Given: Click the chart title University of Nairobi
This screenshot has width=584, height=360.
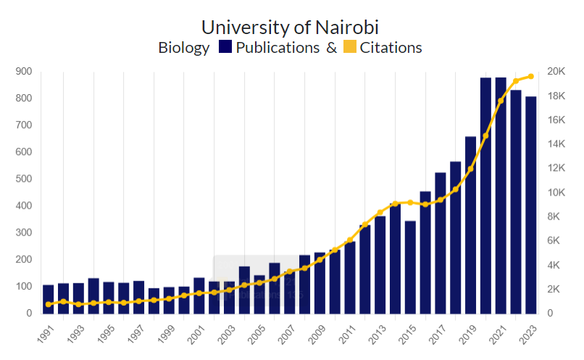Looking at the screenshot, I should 290,28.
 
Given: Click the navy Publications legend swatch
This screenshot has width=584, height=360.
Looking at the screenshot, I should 224,48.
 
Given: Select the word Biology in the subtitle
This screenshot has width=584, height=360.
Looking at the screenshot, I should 184,48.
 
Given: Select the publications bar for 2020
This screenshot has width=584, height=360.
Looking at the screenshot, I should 485,196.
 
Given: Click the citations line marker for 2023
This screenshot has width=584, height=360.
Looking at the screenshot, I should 530,76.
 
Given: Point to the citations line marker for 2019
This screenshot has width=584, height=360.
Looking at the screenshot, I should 470,169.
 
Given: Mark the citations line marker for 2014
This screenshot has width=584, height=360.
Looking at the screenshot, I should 395,204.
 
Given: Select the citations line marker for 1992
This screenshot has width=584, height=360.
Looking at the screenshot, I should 64,301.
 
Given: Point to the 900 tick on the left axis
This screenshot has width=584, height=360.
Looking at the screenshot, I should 23,71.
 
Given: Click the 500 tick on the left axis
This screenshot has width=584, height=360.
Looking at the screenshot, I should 23,179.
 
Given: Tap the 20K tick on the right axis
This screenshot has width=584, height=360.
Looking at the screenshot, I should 556,71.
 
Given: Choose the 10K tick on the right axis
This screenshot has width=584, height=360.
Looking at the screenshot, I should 556,192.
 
